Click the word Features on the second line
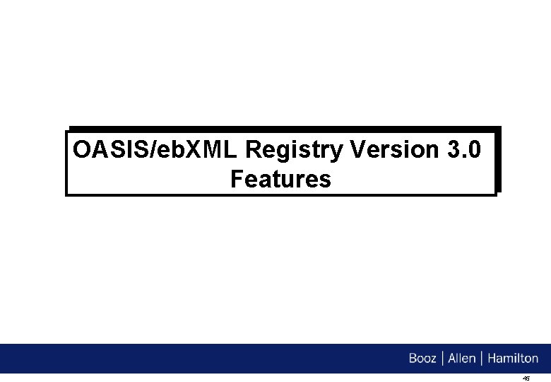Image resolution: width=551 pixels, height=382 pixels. [x=280, y=180]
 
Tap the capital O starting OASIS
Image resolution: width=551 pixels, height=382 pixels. [x=82, y=151]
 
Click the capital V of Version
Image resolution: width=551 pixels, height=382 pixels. [x=357, y=150]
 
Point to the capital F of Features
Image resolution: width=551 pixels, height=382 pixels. [x=237, y=180]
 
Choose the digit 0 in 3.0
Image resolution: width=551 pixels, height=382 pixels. [x=476, y=150]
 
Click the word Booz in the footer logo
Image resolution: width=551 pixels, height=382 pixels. [x=422, y=359]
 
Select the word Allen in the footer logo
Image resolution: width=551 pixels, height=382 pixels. [x=461, y=359]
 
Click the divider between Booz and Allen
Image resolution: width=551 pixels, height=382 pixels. [x=442, y=359]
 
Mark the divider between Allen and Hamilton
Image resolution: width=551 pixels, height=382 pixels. [x=480, y=359]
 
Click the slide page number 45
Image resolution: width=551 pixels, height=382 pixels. [x=526, y=378]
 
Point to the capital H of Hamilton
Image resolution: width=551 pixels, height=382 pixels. [x=490, y=359]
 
